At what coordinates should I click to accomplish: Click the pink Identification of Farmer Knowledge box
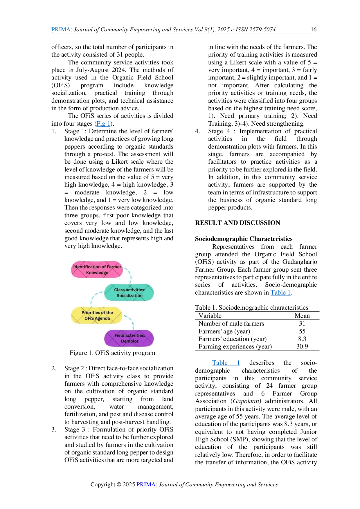coord(97,269)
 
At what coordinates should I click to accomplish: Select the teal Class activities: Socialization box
coord(129,293)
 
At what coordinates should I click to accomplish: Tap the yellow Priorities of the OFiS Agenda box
coord(97,315)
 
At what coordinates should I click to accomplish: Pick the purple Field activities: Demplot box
coord(129,338)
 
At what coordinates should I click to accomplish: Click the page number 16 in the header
coord(314,29)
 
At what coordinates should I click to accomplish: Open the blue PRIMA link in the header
coord(61,29)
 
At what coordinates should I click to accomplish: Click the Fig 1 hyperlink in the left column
coord(103,123)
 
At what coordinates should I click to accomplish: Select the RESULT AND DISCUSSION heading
coord(237,223)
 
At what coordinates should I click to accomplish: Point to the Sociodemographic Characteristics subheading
coord(244,239)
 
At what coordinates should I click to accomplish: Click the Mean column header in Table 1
coord(302,315)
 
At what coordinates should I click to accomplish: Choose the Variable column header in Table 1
coord(210,315)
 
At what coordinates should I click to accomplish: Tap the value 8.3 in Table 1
coord(302,339)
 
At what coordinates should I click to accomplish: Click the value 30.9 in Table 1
coord(302,346)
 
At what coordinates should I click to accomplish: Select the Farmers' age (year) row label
coord(224,331)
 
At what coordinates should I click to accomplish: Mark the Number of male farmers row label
coord(231,323)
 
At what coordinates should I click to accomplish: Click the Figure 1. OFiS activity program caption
coord(112,353)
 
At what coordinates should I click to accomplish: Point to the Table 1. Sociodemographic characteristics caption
coord(252,307)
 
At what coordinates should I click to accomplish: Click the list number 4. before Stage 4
coord(198,131)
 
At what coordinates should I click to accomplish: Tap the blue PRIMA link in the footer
coord(146,484)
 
